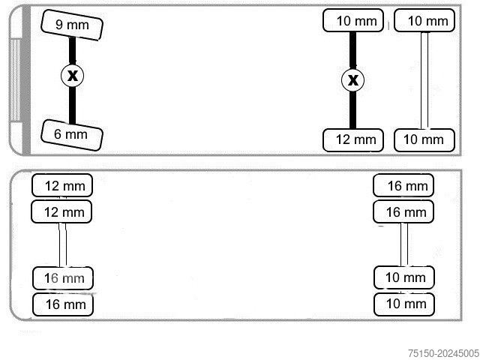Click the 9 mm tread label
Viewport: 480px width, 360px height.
click(72, 25)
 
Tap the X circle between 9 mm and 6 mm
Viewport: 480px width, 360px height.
click(72, 75)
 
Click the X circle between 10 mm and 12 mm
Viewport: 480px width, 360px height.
click(352, 79)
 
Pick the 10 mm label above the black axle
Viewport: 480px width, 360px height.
click(353, 20)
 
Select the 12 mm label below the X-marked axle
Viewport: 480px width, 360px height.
click(353, 139)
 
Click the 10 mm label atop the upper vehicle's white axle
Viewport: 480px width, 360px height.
click(424, 20)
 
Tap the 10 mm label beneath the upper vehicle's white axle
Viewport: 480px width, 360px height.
click(424, 139)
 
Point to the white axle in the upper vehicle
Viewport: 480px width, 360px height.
click(424, 79)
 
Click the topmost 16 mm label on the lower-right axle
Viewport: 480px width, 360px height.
click(404, 185)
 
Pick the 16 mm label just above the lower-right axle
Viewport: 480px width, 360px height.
click(404, 212)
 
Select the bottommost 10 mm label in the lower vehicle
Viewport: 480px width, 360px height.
click(404, 303)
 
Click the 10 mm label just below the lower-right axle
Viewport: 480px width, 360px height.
click(404, 277)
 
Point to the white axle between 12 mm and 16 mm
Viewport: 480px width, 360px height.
click(63, 244)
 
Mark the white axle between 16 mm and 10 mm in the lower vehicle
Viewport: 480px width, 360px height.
click(404, 244)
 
